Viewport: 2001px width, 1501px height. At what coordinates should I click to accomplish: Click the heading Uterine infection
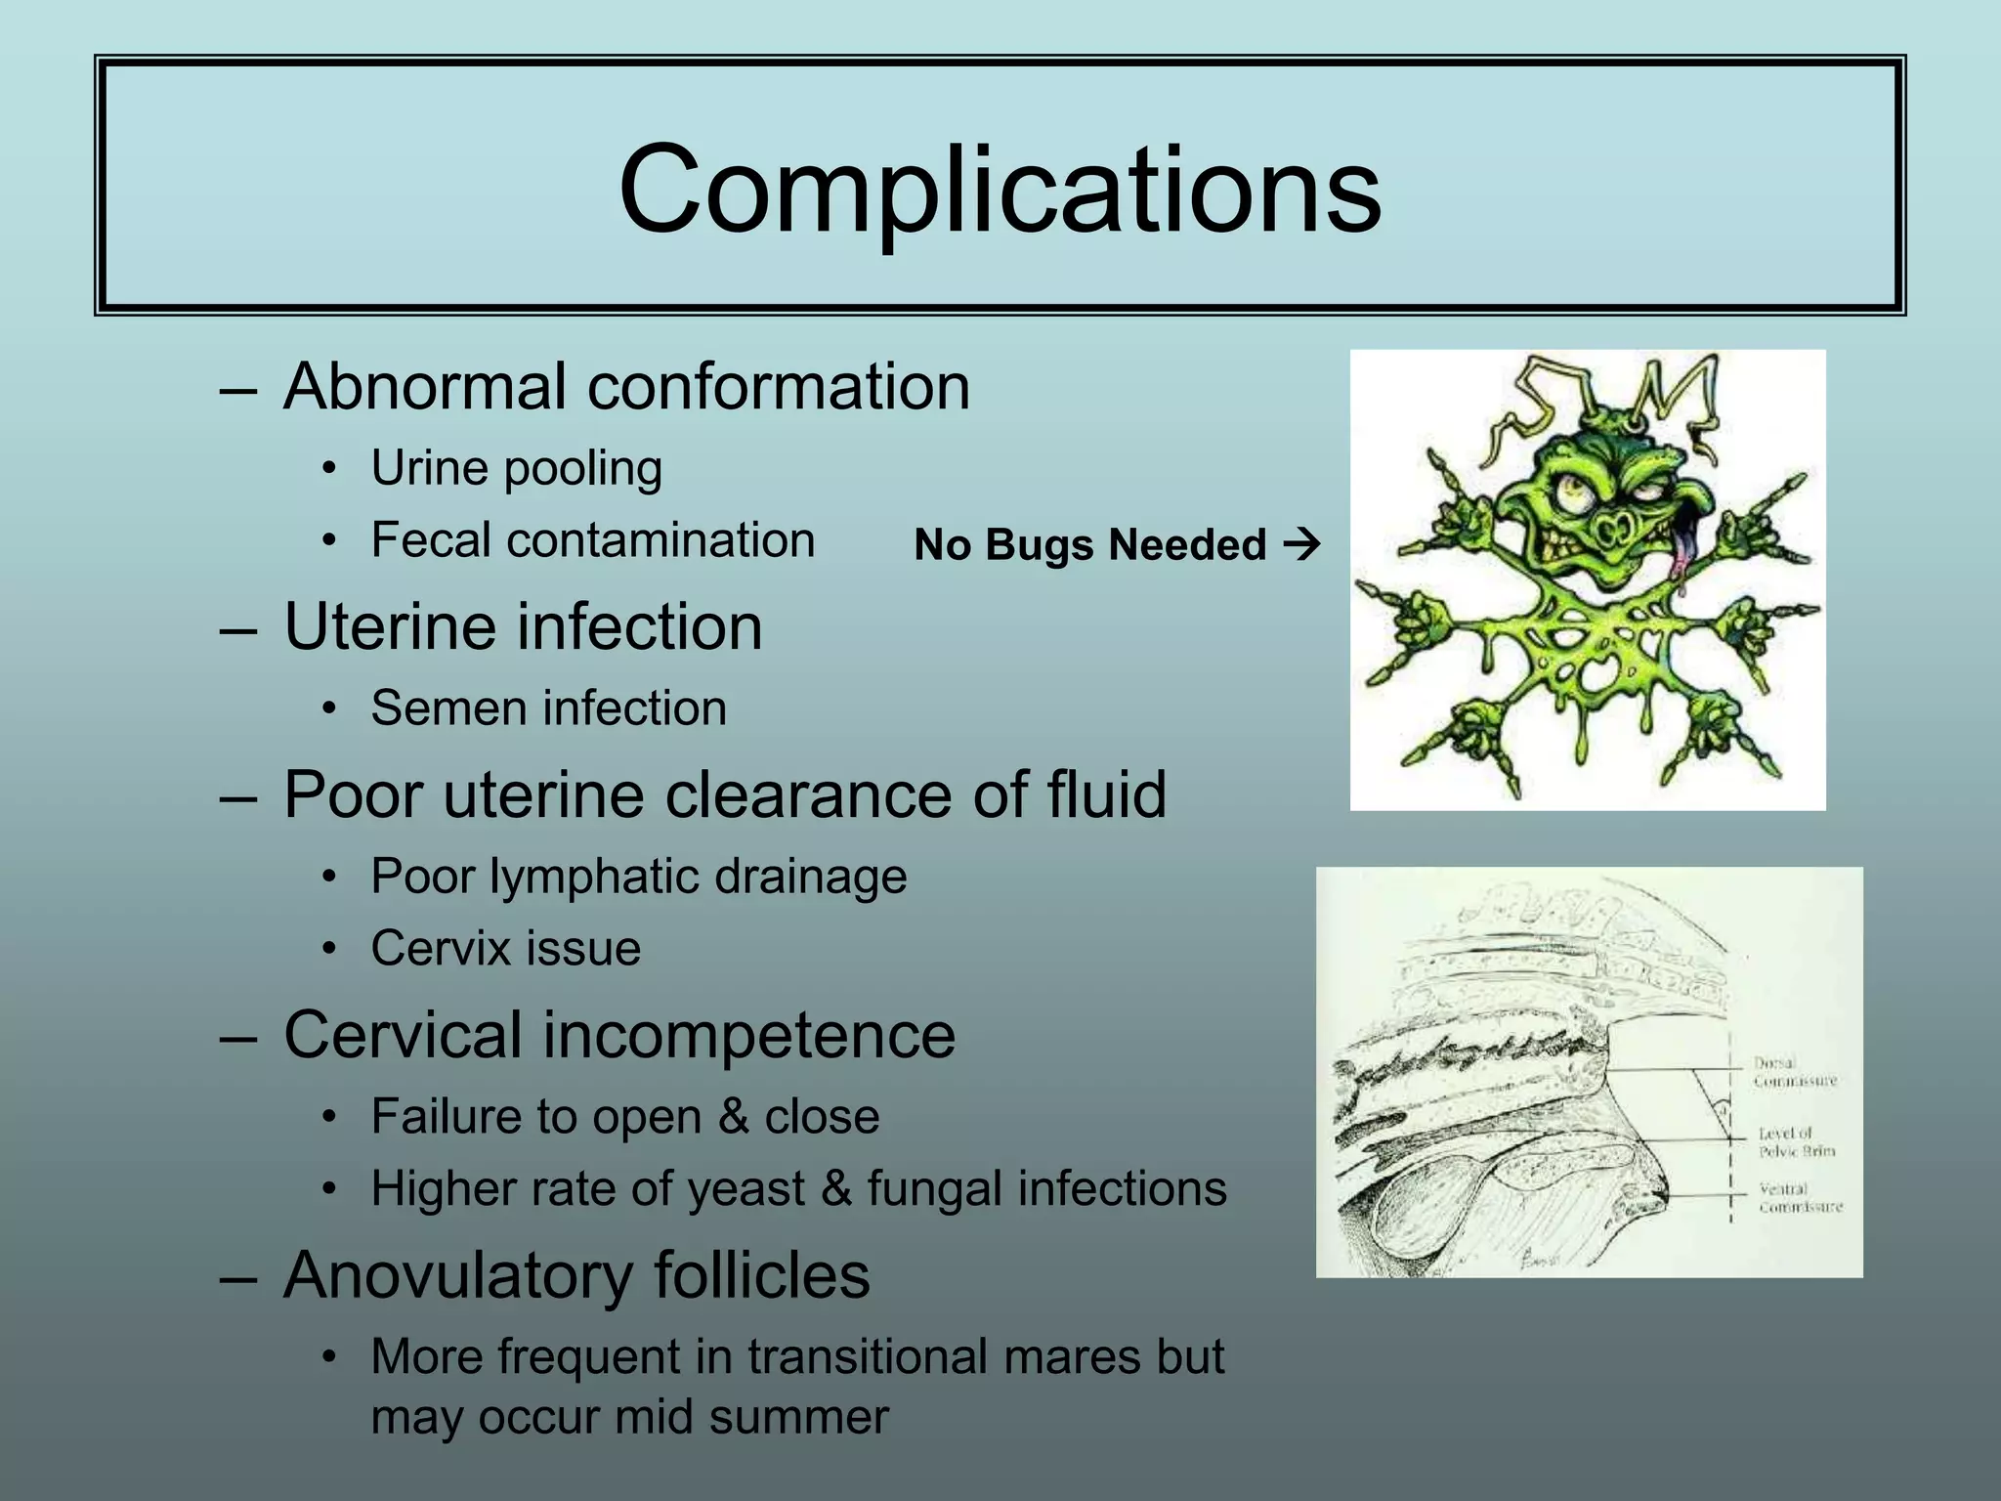click(523, 626)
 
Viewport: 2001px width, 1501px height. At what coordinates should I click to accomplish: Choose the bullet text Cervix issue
click(505, 949)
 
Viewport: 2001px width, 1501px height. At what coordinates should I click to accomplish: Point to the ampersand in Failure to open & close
click(733, 1117)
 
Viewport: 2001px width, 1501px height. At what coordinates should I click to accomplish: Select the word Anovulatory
click(458, 1275)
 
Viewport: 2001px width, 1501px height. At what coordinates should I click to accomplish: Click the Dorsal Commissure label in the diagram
click(1795, 1072)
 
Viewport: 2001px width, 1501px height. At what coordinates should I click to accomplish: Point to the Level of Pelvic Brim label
click(1797, 1142)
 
